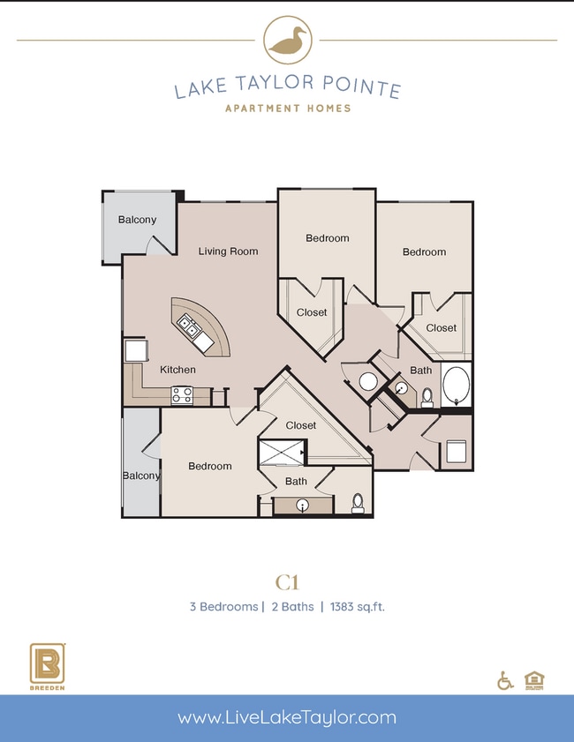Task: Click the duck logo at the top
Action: point(287,40)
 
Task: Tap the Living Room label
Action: point(228,251)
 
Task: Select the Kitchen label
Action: point(177,370)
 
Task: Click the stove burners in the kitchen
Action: point(183,395)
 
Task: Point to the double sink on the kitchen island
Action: point(190,327)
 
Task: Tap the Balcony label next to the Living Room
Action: point(137,220)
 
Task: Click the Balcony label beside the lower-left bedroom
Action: point(141,476)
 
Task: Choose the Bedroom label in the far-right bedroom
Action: point(424,252)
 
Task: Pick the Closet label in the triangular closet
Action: point(300,425)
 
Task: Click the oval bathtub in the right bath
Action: point(457,386)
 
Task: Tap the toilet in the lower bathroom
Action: point(358,504)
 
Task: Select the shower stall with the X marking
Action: point(280,453)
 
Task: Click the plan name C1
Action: point(287,581)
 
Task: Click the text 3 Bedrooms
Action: point(222,607)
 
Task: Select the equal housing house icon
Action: point(533,680)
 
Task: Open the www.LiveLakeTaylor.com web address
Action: point(287,718)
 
